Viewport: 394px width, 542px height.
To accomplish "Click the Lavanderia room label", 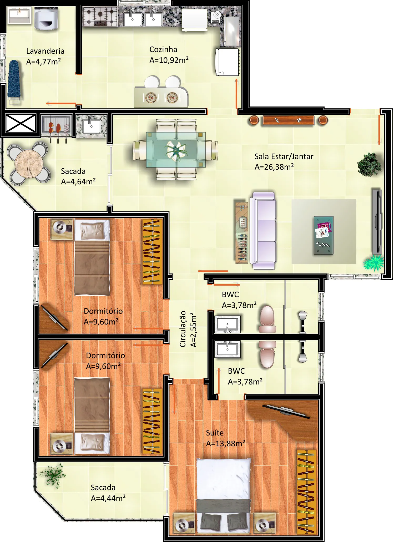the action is point(45,51).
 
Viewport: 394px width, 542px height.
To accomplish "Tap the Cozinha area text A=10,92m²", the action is point(169,60).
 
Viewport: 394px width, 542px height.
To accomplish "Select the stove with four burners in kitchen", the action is point(100,17).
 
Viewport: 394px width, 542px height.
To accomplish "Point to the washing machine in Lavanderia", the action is point(46,18).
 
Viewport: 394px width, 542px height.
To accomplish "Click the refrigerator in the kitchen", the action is point(228,62).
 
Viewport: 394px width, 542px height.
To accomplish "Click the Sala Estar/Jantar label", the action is point(284,156).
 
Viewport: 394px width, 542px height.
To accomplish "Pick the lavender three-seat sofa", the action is point(263,231).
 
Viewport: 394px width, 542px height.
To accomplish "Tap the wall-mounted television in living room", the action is point(377,221).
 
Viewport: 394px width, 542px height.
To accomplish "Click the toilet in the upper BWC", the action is point(267,319).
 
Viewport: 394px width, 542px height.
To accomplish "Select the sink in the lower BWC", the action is point(228,349).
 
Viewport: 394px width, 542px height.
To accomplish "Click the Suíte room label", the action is point(215,433).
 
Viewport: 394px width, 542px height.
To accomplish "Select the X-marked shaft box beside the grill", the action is point(21,123).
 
